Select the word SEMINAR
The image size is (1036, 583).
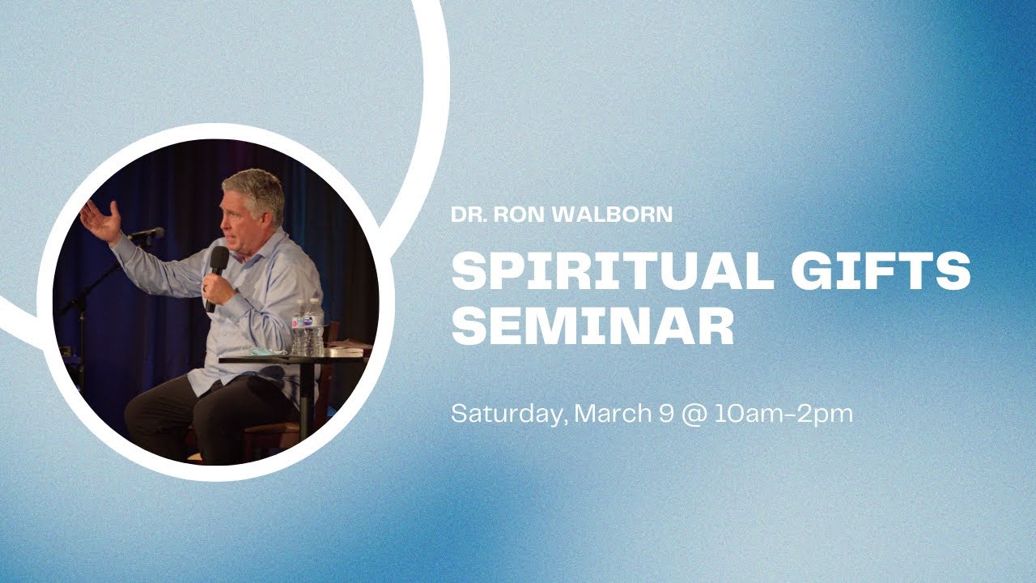click(x=592, y=327)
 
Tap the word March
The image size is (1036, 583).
click(x=611, y=414)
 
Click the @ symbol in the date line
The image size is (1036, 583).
click(x=693, y=415)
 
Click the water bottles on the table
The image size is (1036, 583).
click(x=308, y=328)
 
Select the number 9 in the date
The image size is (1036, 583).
click(x=664, y=414)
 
